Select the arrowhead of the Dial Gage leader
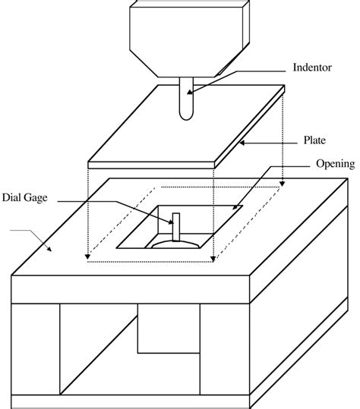(172, 223)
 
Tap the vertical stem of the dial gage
(177, 228)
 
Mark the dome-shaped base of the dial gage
(177, 244)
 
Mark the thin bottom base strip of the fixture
(129, 401)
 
